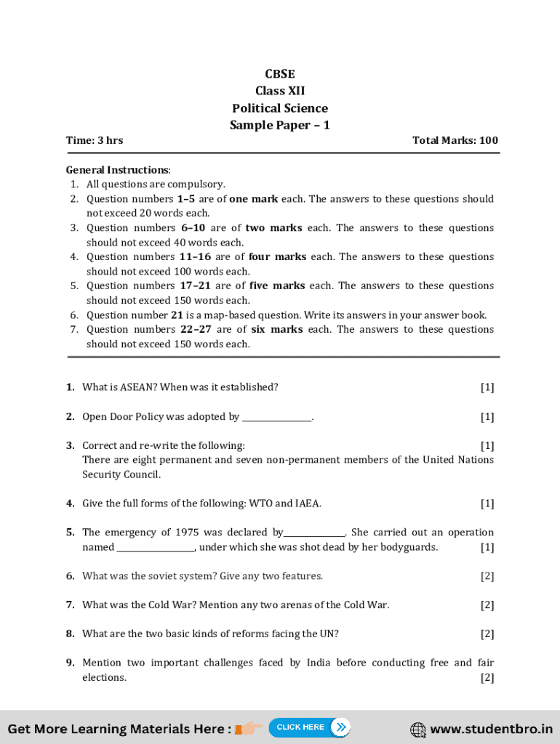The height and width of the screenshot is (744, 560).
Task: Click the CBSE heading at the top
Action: (280, 73)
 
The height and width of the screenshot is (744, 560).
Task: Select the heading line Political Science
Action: (280, 108)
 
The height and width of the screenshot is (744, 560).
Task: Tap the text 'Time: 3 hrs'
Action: (95, 140)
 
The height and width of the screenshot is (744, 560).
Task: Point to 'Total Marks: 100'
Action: (455, 140)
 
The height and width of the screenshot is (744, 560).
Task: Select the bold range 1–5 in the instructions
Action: (186, 198)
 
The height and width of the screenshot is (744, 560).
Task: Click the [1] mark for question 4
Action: (487, 504)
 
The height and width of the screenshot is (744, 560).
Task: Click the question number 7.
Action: (70, 605)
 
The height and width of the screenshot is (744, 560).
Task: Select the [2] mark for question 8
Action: (487, 634)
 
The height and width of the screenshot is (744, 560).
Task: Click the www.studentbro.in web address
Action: (491, 729)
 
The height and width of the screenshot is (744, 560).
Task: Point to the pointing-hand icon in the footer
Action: (249, 728)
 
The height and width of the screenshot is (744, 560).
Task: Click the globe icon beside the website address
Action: (418, 729)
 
